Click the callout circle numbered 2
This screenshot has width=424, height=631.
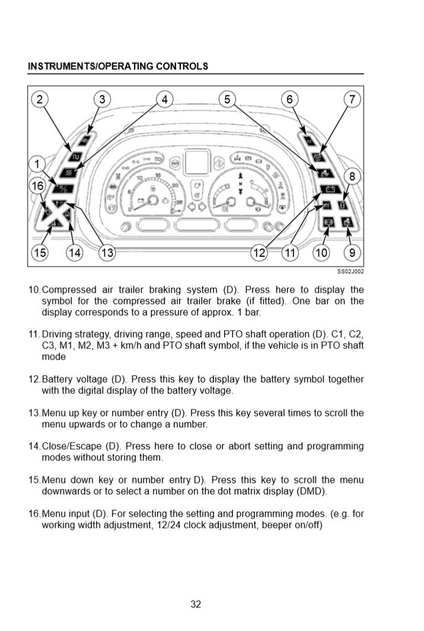coord(40,100)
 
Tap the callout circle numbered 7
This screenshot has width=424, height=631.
coord(352,100)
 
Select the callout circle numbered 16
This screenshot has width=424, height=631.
coord(37,186)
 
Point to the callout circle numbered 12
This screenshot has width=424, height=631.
coord(260,253)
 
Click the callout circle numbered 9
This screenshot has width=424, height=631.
coord(352,253)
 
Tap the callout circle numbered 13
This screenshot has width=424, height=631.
coord(107,253)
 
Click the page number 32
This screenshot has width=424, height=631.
coord(196,604)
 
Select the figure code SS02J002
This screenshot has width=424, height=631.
coord(350,271)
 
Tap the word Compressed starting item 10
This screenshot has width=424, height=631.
coord(69,290)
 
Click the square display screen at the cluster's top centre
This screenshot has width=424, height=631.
coord(196,162)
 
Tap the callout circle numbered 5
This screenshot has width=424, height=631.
coord(227,100)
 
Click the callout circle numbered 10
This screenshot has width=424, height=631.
coord(321,253)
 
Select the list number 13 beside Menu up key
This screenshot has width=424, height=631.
coord(34,413)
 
